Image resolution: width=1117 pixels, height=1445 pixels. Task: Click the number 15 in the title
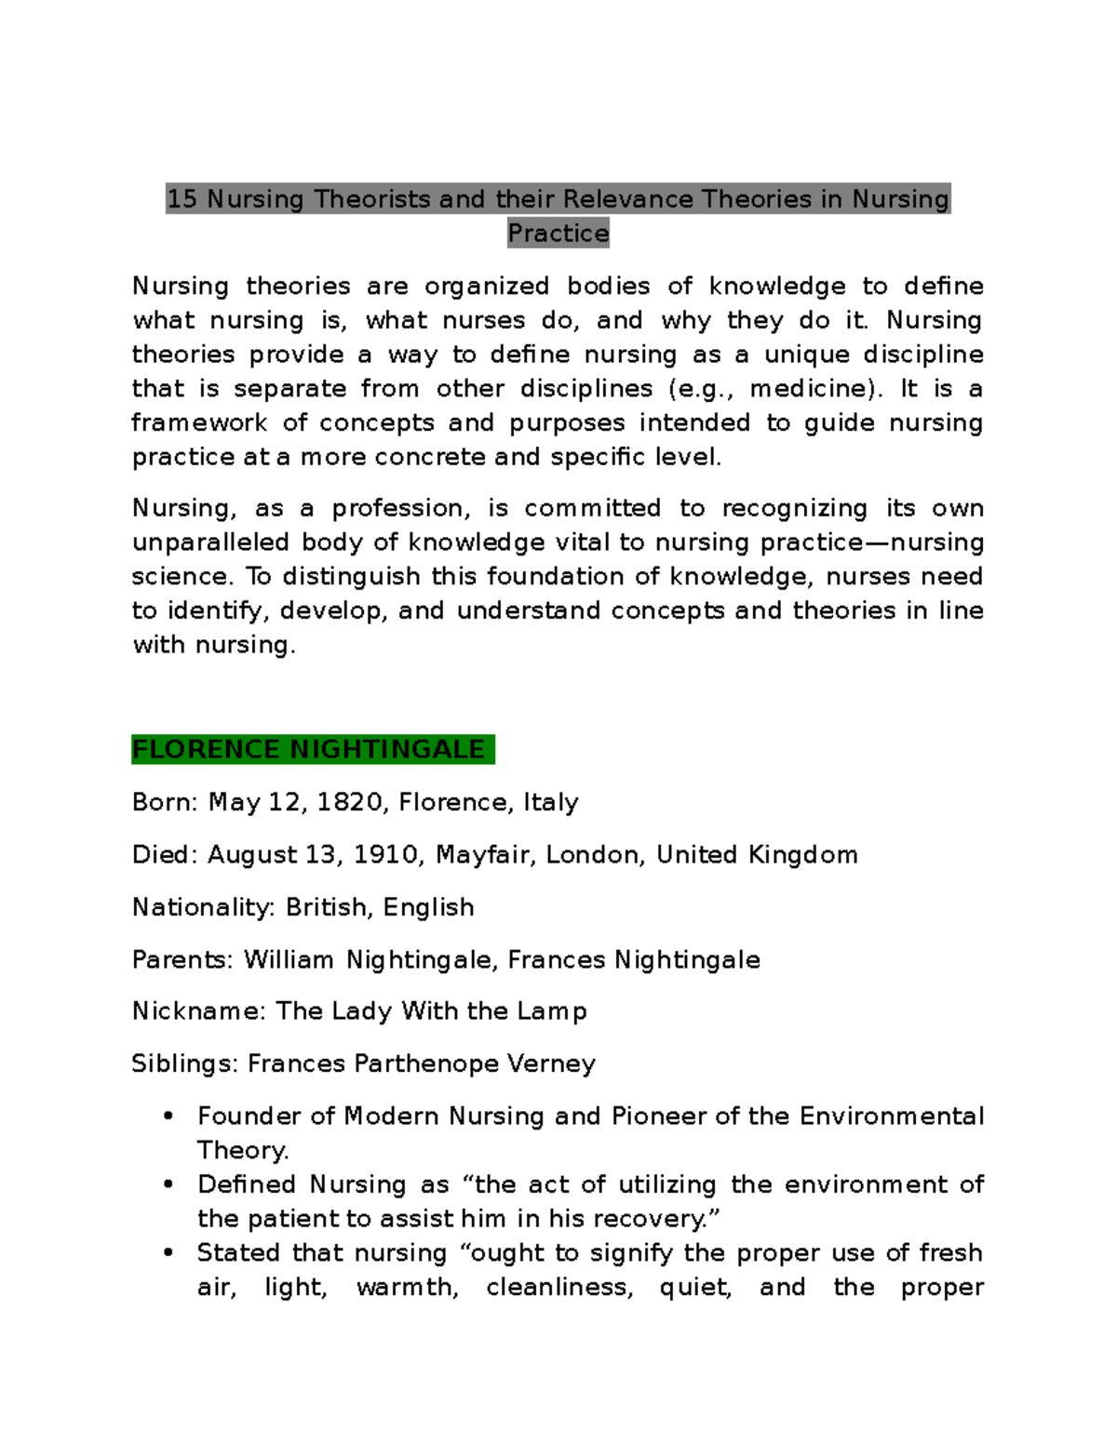(x=182, y=199)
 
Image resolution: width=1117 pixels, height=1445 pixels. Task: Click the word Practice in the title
(x=558, y=234)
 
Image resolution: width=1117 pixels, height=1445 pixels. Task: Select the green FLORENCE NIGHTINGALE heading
(x=309, y=750)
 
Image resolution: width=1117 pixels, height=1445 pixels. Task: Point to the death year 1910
(x=384, y=855)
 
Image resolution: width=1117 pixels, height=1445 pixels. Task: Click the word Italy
(x=550, y=802)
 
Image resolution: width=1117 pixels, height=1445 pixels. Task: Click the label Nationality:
(x=203, y=907)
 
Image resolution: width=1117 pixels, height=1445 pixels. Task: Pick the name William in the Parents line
(x=289, y=959)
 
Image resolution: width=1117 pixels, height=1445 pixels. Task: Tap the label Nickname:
(x=198, y=1011)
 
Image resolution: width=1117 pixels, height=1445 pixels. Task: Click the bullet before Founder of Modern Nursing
(x=168, y=1117)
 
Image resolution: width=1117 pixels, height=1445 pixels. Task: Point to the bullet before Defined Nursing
(x=168, y=1184)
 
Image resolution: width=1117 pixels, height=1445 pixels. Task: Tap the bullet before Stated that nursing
(x=168, y=1253)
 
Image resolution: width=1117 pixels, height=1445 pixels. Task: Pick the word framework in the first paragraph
(x=199, y=423)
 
